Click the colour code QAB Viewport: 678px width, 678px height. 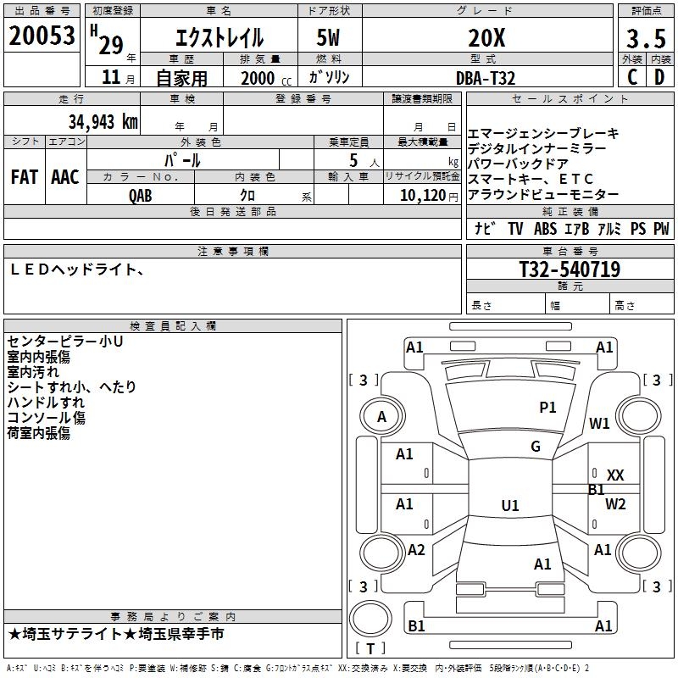(x=140, y=195)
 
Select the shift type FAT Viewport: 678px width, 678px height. (x=24, y=177)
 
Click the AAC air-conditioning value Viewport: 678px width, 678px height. (x=64, y=177)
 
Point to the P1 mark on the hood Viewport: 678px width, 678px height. (x=547, y=408)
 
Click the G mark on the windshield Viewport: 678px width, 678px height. (x=535, y=447)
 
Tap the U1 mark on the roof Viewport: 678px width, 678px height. (x=509, y=506)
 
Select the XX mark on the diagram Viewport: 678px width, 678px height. (x=615, y=475)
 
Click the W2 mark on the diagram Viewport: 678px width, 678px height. (x=615, y=504)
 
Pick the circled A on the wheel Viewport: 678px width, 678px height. (x=381, y=417)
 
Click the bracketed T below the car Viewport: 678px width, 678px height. (x=370, y=649)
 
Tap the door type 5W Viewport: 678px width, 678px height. (x=330, y=37)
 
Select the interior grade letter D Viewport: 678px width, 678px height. (x=659, y=77)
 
